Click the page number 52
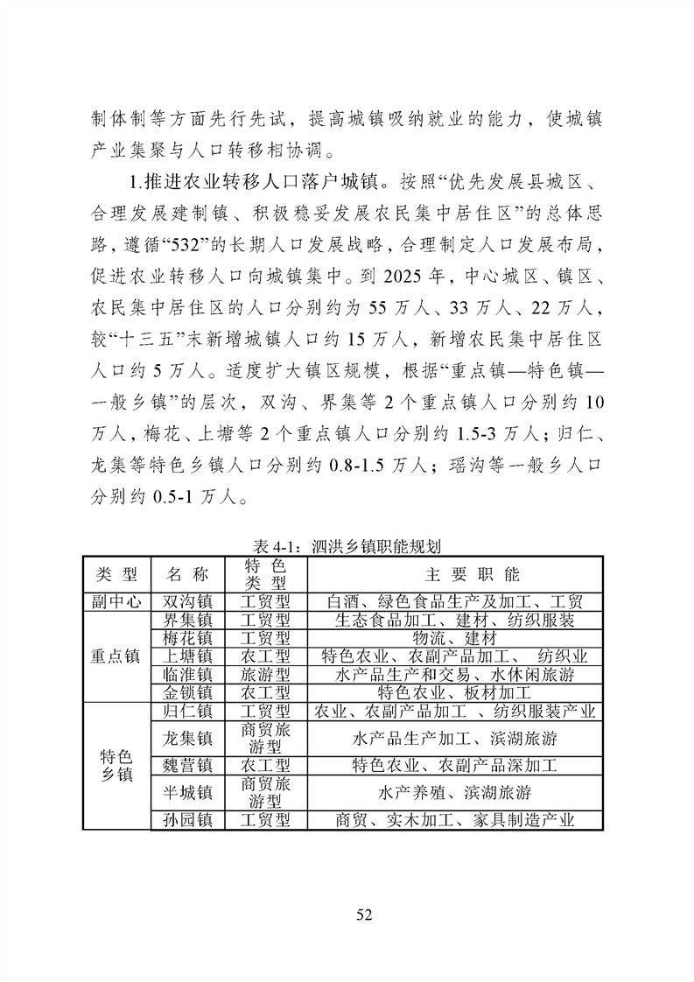(365, 915)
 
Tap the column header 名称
(187, 574)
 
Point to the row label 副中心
(116, 602)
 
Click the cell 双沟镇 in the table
(187, 602)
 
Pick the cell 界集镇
(187, 621)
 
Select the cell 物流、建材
(454, 638)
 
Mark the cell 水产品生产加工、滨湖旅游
(454, 738)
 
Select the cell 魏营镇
(187, 766)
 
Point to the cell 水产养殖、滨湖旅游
(454, 793)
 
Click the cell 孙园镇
(187, 820)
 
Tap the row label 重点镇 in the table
(116, 656)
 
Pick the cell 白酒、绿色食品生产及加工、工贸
(454, 602)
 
